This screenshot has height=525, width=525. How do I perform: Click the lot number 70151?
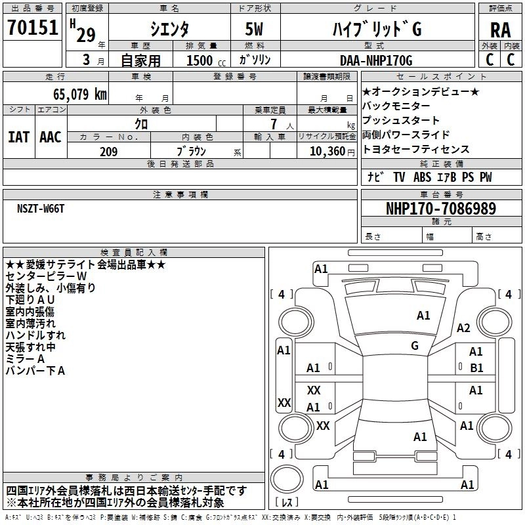(x=32, y=28)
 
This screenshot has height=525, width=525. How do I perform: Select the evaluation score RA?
(x=500, y=30)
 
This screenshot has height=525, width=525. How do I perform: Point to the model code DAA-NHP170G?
(x=375, y=61)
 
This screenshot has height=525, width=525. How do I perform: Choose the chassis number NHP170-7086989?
(x=441, y=209)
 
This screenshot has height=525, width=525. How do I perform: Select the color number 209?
(x=108, y=152)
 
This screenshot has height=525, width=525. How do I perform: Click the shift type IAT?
(x=18, y=137)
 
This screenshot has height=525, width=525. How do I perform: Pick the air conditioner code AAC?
(x=51, y=137)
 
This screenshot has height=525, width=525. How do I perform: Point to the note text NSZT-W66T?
(x=41, y=208)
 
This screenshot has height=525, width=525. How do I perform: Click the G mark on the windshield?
(x=414, y=345)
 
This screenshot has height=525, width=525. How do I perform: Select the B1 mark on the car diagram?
(x=476, y=367)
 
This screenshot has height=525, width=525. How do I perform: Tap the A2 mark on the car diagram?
(x=463, y=328)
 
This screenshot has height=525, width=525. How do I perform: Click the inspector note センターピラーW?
(x=46, y=276)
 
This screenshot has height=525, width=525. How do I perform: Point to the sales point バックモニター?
(x=396, y=106)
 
